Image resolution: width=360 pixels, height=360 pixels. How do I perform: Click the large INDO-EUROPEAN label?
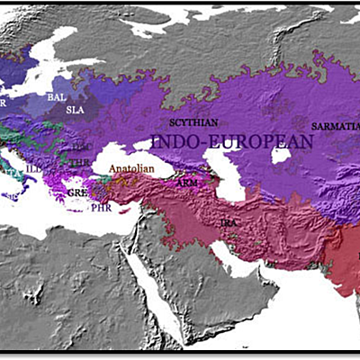tap(231, 141)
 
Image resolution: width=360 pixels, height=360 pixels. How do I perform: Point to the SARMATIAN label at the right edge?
tap(335, 126)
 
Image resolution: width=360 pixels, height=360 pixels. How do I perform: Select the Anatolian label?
tap(130, 168)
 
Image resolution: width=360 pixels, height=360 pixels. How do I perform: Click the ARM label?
tap(186, 183)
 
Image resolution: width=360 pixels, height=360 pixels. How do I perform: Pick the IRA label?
tap(229, 220)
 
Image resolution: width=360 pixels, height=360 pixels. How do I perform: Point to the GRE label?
tap(77, 193)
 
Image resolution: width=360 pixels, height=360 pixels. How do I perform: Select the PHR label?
tap(101, 206)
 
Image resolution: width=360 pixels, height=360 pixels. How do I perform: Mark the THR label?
tap(80, 162)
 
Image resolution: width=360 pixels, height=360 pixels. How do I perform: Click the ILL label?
tap(35, 166)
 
